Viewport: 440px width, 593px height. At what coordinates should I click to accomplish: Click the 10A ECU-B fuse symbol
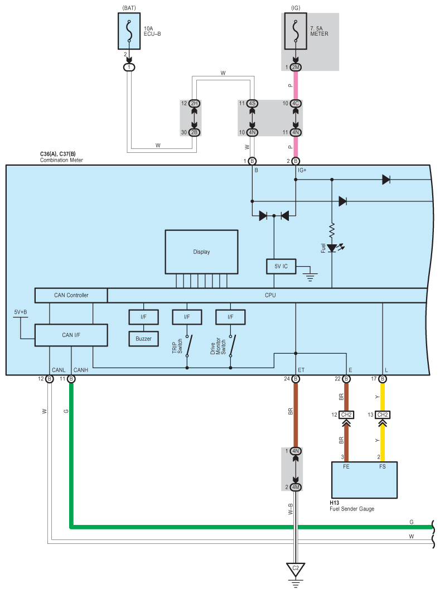tap(129, 32)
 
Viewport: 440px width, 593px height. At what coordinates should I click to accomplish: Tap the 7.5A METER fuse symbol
tap(296, 32)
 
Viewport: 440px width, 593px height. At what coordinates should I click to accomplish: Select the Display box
tap(202, 252)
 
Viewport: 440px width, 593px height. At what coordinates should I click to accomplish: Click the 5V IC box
tap(281, 267)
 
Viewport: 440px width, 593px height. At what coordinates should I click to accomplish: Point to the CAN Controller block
tap(71, 295)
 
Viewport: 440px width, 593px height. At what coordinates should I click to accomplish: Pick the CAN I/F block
tap(71, 335)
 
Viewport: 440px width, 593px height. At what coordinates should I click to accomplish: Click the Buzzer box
tap(144, 339)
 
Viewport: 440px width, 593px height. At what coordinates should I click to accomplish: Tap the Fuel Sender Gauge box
tap(365, 479)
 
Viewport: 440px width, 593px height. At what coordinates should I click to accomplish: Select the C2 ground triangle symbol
tap(296, 570)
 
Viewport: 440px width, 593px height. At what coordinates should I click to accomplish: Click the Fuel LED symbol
tap(332, 247)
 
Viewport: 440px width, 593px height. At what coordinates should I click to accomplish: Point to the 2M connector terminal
tap(296, 68)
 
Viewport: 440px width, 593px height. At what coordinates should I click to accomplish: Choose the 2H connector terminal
tap(194, 104)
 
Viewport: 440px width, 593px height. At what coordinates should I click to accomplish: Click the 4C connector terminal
tap(296, 104)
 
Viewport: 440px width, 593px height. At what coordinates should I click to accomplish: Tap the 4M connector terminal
tap(296, 487)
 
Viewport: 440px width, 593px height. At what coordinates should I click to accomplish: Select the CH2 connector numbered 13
tap(383, 415)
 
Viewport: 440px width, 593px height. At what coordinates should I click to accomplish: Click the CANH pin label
tap(81, 370)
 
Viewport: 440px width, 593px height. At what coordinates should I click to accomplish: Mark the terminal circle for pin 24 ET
tap(296, 379)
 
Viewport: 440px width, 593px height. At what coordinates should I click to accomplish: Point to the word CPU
tap(270, 295)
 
